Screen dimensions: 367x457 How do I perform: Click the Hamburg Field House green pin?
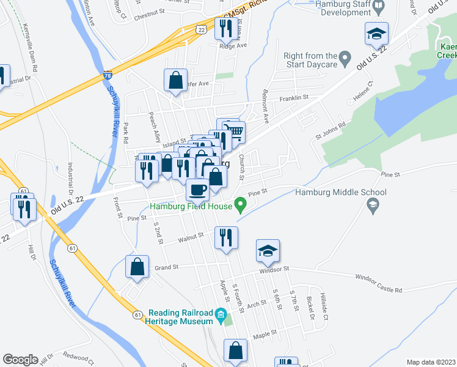(241, 203)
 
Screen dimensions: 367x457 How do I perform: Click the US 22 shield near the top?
(200, 29)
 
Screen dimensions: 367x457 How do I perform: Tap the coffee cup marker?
(198, 190)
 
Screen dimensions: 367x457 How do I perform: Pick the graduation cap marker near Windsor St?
(268, 251)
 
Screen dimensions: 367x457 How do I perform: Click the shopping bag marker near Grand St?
(137, 266)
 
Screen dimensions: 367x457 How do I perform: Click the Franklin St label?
(294, 97)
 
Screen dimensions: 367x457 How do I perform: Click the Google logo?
(20, 360)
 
